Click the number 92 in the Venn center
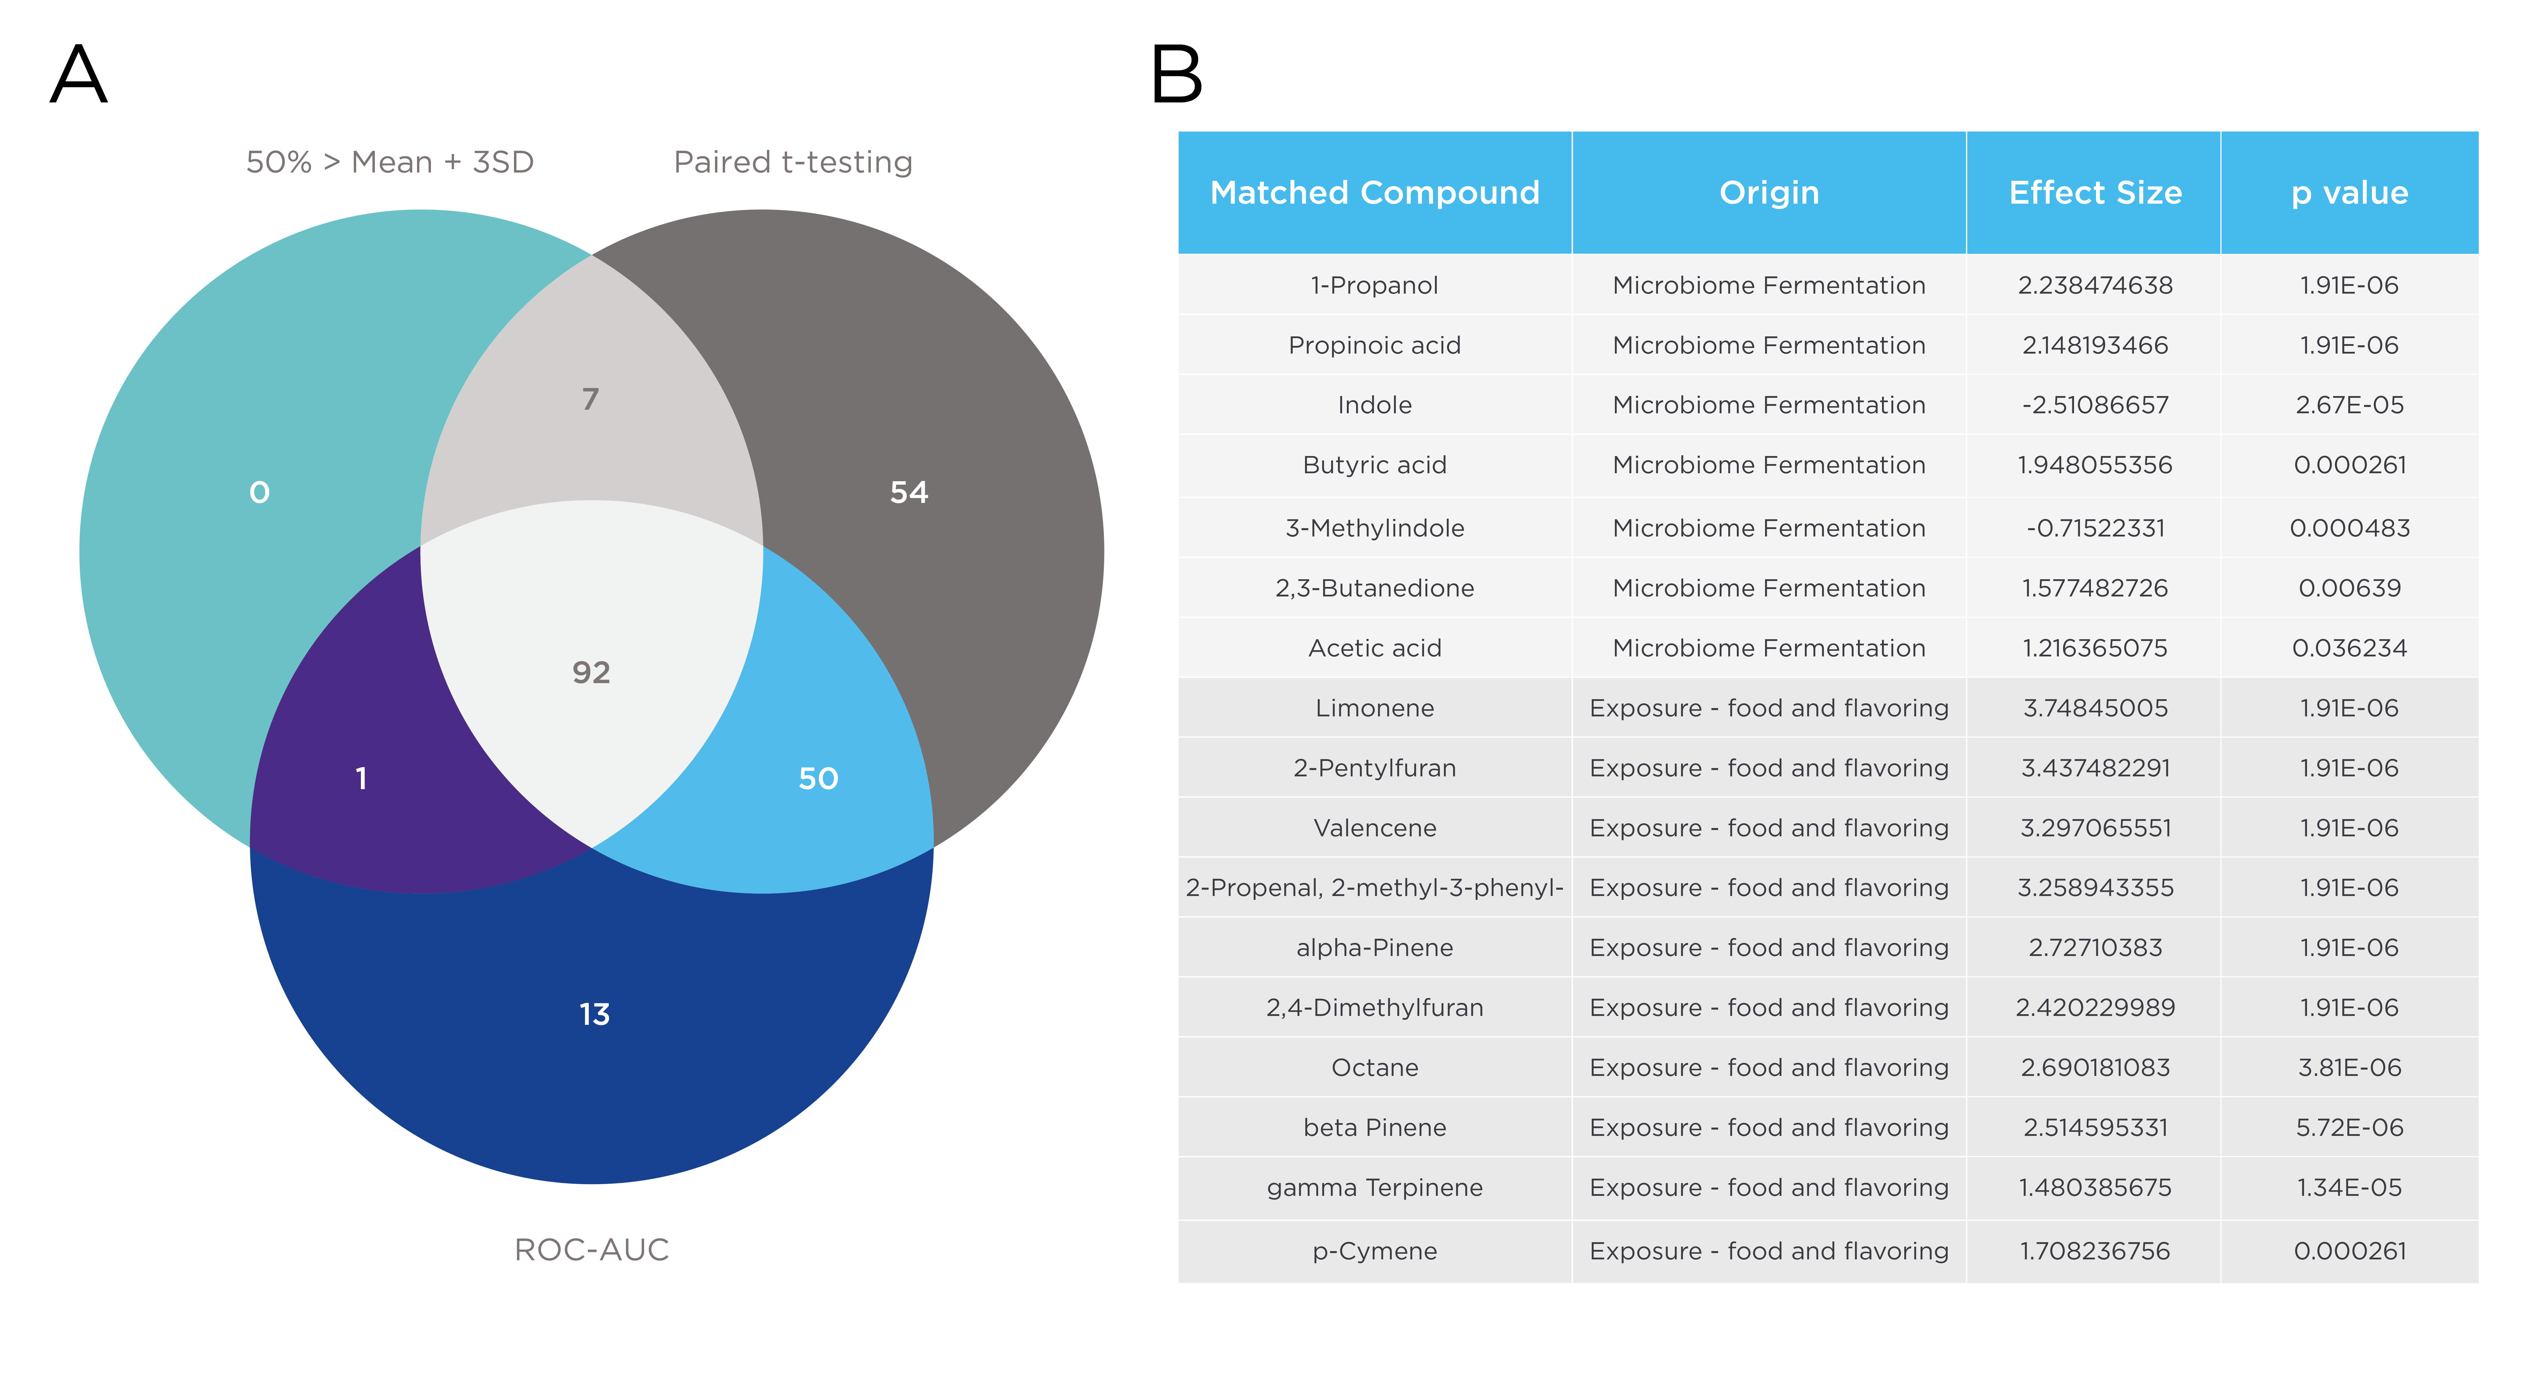click(592, 673)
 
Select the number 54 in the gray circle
click(909, 493)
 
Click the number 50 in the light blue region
click(818, 778)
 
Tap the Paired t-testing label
click(793, 162)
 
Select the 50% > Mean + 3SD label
click(390, 162)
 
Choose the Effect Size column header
click(2095, 193)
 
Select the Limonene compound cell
click(1375, 708)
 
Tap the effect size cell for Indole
click(2095, 405)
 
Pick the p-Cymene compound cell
click(1375, 1251)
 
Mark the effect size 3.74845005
click(2095, 708)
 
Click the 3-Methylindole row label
click(1375, 528)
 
